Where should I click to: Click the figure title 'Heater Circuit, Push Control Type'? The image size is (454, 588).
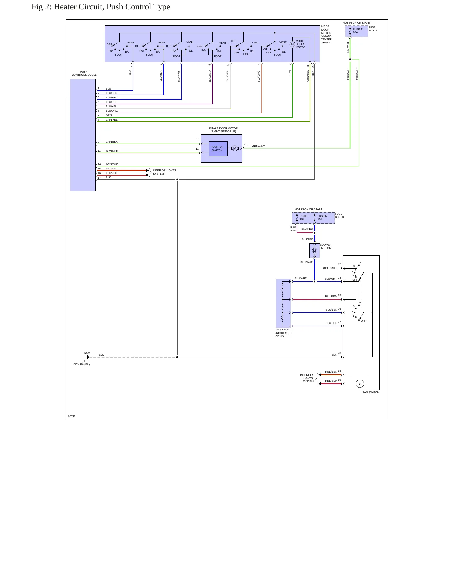(x=112, y=7)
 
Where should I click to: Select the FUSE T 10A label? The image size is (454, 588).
(x=358, y=31)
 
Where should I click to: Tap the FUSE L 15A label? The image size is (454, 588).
(x=304, y=218)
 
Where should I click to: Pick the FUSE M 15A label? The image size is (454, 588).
(x=322, y=218)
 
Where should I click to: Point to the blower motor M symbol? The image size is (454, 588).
(x=315, y=251)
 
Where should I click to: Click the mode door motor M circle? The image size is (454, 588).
(x=292, y=44)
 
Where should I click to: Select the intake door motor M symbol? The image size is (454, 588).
(x=235, y=148)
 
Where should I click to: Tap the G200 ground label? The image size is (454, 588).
(x=87, y=353)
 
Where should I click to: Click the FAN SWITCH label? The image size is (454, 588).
(x=371, y=392)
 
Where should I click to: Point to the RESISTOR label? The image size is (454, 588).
(x=282, y=330)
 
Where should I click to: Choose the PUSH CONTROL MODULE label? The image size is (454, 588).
(x=84, y=73)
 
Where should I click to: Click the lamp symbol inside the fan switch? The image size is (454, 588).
(x=360, y=384)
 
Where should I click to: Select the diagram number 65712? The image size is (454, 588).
(x=72, y=416)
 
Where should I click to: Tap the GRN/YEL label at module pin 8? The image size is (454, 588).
(x=112, y=120)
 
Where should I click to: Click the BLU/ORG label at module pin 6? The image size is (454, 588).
(x=112, y=111)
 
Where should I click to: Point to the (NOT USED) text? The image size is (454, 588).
(x=331, y=268)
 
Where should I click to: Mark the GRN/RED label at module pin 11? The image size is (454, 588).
(x=112, y=151)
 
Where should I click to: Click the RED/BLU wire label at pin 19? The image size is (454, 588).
(x=331, y=381)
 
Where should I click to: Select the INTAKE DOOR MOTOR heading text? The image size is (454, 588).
(x=223, y=128)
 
